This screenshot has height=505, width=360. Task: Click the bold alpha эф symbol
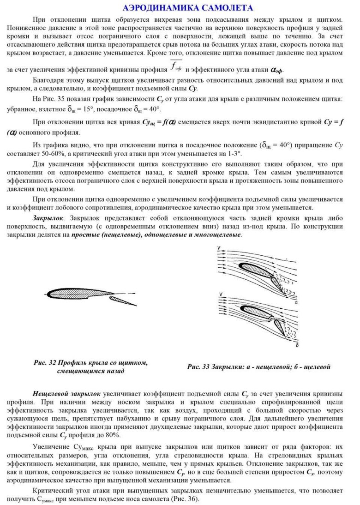(277, 70)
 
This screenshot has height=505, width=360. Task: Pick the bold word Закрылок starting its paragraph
(48, 217)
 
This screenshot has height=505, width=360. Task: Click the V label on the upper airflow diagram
(218, 249)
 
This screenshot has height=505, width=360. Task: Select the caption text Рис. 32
(45, 363)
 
